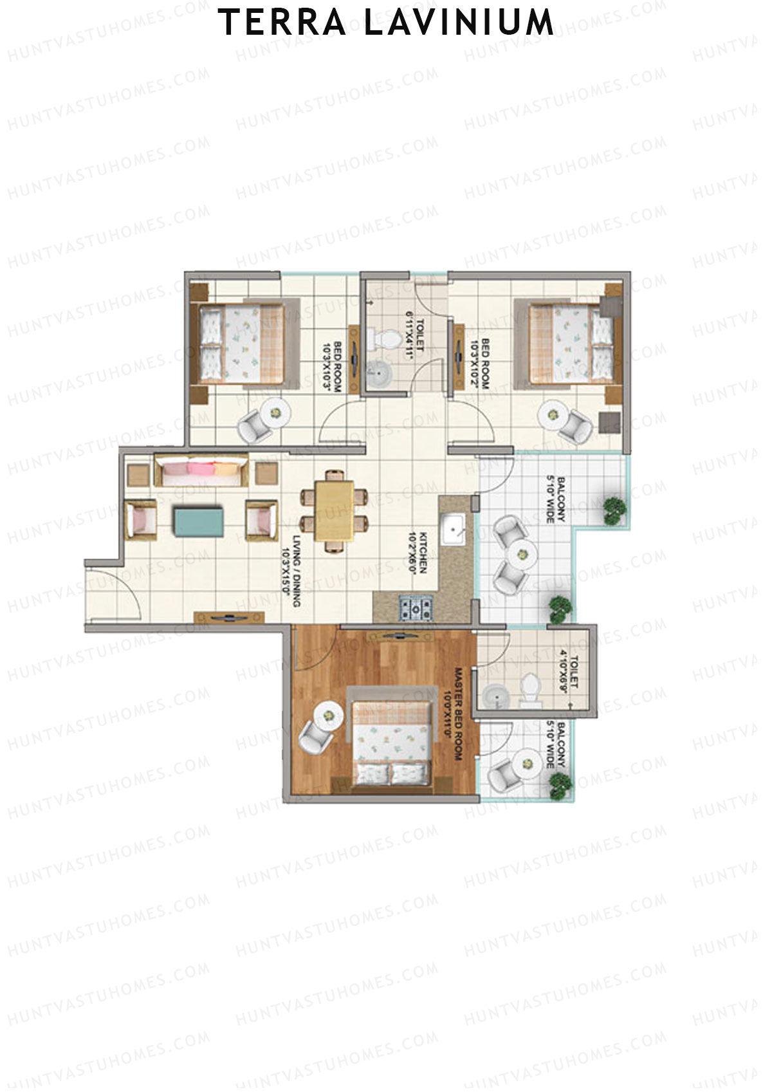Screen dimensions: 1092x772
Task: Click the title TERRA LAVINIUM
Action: [386, 23]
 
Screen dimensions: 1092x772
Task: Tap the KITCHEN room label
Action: [423, 552]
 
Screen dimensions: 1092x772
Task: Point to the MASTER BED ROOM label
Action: [454, 714]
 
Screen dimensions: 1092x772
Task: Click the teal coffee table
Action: [199, 521]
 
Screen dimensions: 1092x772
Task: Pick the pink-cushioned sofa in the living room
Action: [201, 471]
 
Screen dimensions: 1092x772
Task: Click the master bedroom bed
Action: [391, 738]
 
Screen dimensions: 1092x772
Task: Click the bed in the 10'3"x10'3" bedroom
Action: [241, 343]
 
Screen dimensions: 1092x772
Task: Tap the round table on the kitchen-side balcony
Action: [522, 553]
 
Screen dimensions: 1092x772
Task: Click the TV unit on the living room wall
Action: [229, 617]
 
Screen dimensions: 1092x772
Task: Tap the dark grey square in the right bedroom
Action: [609, 423]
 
